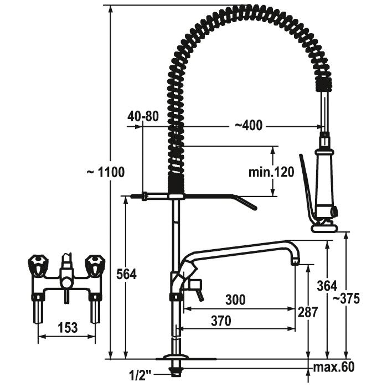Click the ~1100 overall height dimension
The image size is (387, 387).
pos(106,172)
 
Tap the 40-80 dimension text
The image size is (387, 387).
pos(143,116)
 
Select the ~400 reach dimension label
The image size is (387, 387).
pos(248,126)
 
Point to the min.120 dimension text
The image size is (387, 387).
pos(271,172)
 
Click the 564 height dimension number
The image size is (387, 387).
pos(127,274)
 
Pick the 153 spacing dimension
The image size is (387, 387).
pos(68,328)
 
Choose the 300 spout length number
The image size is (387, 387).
pos(236,300)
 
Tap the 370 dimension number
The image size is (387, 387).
pos(221,321)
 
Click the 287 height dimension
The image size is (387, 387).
pos(307,312)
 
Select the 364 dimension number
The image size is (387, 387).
pos(327,286)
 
